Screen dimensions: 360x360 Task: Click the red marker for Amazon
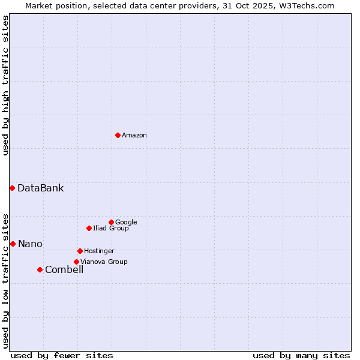click(x=118, y=135)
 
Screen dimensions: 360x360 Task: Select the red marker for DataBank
click(x=12, y=188)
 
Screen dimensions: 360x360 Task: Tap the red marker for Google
click(x=111, y=222)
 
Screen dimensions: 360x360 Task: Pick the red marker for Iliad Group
click(x=89, y=228)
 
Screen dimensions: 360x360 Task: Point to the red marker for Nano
click(x=13, y=244)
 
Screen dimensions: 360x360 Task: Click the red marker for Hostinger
click(x=80, y=251)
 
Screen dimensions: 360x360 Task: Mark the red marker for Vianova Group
click(x=76, y=262)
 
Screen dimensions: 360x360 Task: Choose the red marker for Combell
click(x=40, y=269)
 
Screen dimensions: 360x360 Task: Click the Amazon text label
click(x=134, y=136)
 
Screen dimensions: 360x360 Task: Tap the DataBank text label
click(x=40, y=188)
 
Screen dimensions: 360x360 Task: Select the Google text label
click(x=126, y=223)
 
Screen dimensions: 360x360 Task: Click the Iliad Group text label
click(x=111, y=229)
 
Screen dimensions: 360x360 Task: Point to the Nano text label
click(x=30, y=244)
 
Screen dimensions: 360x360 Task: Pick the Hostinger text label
click(x=99, y=251)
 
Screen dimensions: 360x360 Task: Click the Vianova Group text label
click(x=104, y=262)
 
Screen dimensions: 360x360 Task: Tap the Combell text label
click(x=64, y=270)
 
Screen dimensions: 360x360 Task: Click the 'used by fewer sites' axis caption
click(x=62, y=355)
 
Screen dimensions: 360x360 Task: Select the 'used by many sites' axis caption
click(x=301, y=355)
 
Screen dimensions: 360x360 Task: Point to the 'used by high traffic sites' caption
click(x=5, y=85)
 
